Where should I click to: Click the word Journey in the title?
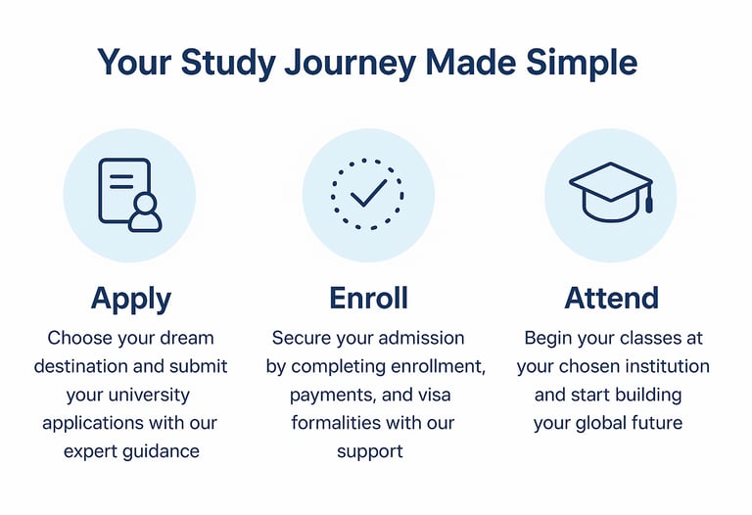tap(351, 64)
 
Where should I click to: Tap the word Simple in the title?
tap(582, 63)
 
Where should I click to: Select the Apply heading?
tap(131, 300)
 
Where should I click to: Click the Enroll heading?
tap(368, 298)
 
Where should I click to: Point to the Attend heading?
tap(611, 298)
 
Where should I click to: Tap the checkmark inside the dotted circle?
tap(368, 192)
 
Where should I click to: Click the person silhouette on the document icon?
tap(145, 212)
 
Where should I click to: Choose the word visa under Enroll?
tap(435, 395)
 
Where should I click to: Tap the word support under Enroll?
tap(370, 452)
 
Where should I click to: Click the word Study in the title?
tap(228, 64)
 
